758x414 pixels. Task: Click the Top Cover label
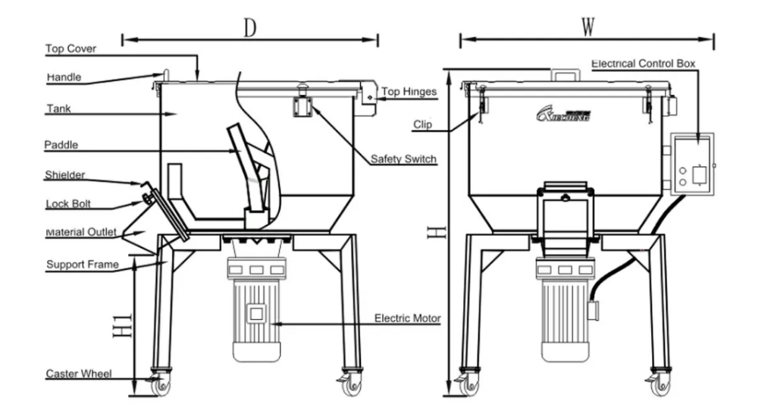(x=70, y=49)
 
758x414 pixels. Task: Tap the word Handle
(x=64, y=77)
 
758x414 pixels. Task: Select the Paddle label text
(x=61, y=145)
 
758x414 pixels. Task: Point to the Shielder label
(x=64, y=174)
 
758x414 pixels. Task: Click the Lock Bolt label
(x=68, y=204)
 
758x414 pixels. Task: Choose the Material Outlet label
(x=81, y=232)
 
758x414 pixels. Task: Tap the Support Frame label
(x=82, y=265)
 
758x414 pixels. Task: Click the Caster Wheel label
(x=78, y=373)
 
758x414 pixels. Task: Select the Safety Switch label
(x=403, y=158)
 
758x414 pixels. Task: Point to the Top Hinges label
(x=409, y=92)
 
